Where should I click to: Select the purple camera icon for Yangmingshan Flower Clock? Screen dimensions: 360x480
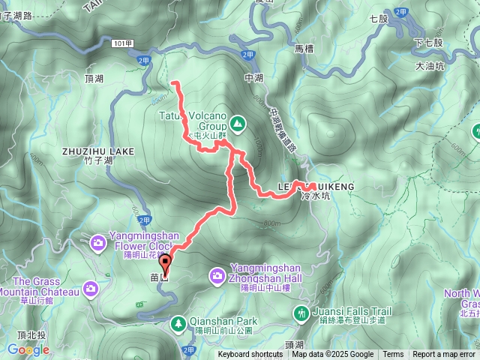click(98, 242)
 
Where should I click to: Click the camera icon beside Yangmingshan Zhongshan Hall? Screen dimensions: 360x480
click(217, 277)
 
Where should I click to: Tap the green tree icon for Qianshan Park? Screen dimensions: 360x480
click(179, 323)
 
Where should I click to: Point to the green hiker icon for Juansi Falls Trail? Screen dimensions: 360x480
click(301, 312)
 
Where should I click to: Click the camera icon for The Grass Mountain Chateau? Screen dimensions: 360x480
click(91, 287)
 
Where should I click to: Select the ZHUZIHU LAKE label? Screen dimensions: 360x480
click(98, 151)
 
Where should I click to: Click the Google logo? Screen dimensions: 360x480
click(28, 349)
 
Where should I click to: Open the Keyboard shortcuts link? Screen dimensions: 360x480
click(250, 355)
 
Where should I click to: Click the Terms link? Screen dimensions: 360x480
click(393, 355)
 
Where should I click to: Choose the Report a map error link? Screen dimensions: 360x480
click(444, 355)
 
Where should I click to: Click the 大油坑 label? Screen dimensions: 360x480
click(430, 67)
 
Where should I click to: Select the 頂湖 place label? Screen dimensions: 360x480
click(95, 78)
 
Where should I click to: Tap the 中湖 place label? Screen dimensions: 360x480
click(253, 77)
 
